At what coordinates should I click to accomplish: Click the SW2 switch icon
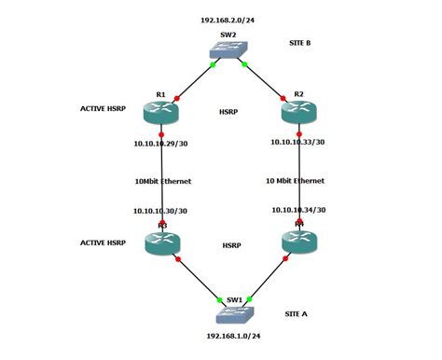tap(228, 52)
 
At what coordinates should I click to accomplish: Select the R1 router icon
tap(161, 112)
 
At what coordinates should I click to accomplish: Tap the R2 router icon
tap(298, 112)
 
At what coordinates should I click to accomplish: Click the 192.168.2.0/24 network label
tap(228, 19)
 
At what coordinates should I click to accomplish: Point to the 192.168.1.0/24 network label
tap(232, 335)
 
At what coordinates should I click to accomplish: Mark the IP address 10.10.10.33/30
tap(297, 143)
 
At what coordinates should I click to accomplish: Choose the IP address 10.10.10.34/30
tap(298, 210)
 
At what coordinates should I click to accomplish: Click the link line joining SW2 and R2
tap(265, 80)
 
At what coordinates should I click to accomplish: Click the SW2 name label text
tap(228, 34)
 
